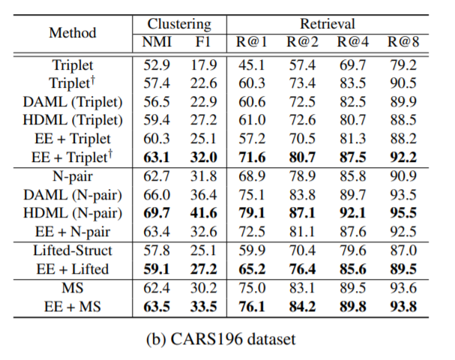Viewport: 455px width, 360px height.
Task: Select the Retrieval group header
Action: tap(328, 25)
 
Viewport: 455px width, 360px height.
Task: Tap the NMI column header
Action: tap(157, 42)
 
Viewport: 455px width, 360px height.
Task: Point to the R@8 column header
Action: tap(403, 42)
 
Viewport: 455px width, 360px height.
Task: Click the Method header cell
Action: tap(73, 33)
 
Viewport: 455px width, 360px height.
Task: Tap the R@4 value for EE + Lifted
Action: tap(353, 268)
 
